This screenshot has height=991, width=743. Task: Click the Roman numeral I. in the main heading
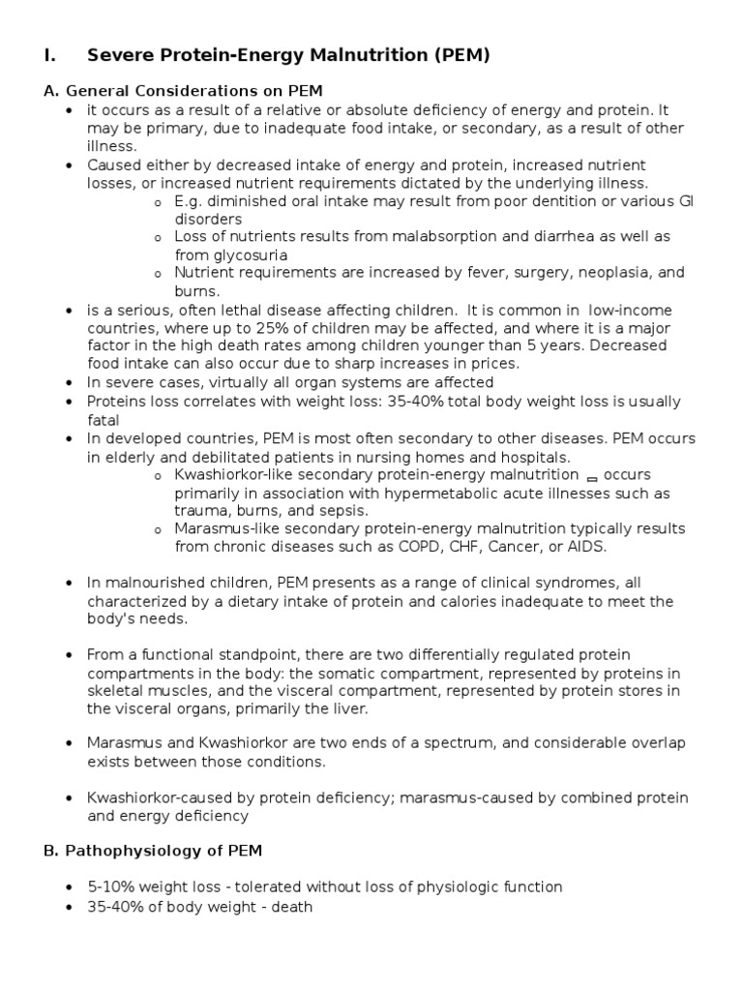(x=50, y=56)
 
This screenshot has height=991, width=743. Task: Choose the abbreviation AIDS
(x=585, y=547)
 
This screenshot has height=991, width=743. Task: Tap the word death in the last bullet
(x=292, y=908)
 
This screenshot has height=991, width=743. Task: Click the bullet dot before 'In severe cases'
(x=69, y=383)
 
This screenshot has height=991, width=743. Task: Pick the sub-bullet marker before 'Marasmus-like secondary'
(x=158, y=530)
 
